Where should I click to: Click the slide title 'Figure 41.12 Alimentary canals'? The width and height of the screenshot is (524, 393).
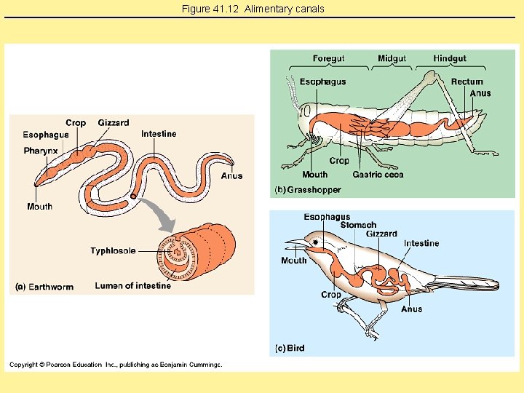click(x=253, y=9)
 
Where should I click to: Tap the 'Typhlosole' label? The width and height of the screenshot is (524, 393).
click(x=113, y=251)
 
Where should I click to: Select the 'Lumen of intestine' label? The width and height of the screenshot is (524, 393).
click(x=132, y=286)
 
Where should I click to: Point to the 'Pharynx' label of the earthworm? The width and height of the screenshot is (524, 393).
click(x=41, y=151)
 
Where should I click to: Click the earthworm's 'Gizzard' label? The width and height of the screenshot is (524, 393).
click(x=114, y=123)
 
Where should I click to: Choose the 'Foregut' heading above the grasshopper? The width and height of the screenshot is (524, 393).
click(x=328, y=58)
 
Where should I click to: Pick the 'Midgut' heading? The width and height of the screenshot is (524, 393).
click(x=392, y=58)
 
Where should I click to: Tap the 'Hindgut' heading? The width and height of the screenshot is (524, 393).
click(x=449, y=58)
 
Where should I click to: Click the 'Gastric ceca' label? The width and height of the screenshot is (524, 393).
click(x=378, y=175)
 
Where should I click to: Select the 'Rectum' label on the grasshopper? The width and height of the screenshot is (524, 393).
click(x=467, y=82)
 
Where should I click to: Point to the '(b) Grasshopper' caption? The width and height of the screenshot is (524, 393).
click(x=307, y=190)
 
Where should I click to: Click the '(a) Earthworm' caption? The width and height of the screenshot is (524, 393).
click(x=44, y=287)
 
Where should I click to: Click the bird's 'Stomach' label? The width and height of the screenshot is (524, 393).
click(x=358, y=226)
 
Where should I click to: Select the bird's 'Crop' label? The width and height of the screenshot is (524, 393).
click(x=330, y=295)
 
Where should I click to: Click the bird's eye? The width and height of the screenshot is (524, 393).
click(x=315, y=241)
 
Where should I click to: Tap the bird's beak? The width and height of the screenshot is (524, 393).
click(x=294, y=242)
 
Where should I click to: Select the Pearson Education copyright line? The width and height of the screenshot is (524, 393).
click(x=116, y=365)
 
